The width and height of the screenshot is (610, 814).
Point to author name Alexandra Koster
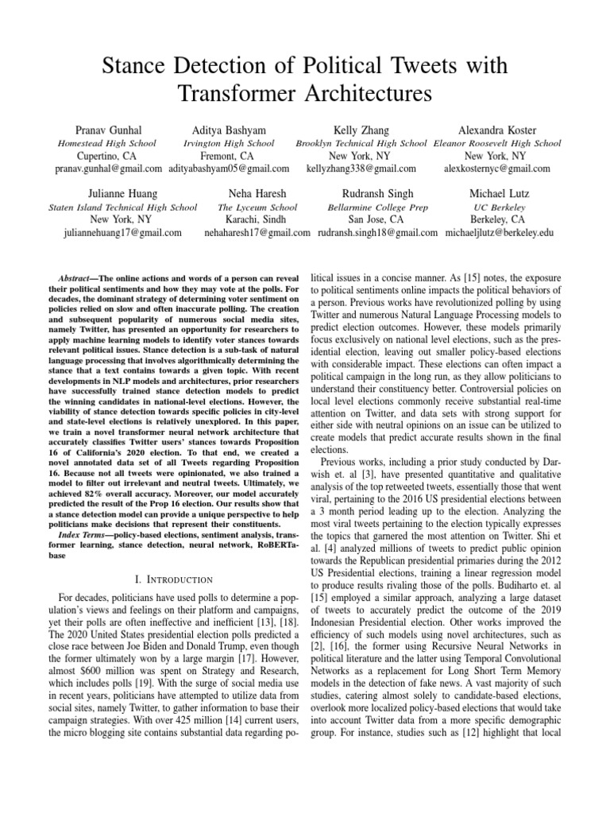click(497, 130)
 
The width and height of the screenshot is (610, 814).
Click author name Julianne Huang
click(122, 193)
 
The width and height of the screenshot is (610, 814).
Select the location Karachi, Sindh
click(257, 219)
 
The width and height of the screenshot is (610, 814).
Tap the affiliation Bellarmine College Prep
click(376, 207)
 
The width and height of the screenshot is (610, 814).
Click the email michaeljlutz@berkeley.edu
click(500, 233)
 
